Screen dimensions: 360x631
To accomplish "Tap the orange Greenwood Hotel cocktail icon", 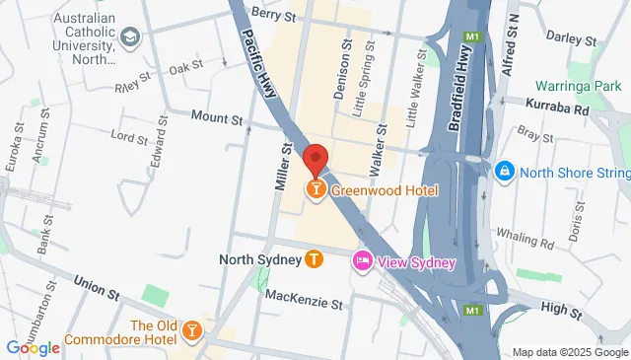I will tap(315, 187).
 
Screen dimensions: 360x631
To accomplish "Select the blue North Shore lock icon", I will tap(505, 172).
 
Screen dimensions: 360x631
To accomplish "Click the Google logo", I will tap(33, 347).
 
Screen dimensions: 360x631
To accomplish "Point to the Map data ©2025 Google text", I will tap(569, 352).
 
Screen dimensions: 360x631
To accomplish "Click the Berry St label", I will tap(273, 15).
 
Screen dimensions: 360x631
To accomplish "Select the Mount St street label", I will tap(216, 118).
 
